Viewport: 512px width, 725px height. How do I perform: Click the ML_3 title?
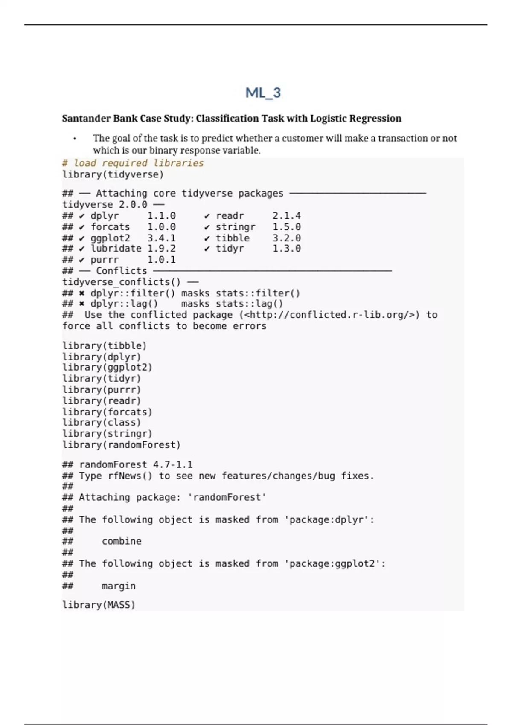pyautogui.click(x=263, y=93)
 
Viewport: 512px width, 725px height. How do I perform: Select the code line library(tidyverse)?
pyautogui.click(x=113, y=174)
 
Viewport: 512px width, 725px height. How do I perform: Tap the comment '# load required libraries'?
pyautogui.click(x=133, y=163)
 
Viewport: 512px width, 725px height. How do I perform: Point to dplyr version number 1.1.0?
pyautogui.click(x=161, y=216)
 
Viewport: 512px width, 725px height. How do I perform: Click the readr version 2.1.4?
pyautogui.click(x=286, y=216)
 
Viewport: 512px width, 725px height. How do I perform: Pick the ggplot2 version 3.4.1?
pyautogui.click(x=161, y=238)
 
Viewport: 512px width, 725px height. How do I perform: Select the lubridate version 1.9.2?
pyautogui.click(x=161, y=249)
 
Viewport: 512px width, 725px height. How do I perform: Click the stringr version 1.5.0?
pyautogui.click(x=286, y=227)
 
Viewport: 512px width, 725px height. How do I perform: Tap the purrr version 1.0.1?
pyautogui.click(x=161, y=260)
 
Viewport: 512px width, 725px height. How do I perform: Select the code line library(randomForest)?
pyautogui.click(x=122, y=445)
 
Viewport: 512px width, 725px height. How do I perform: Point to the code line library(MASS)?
pyautogui.click(x=99, y=605)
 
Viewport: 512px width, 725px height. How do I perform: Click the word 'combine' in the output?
pyautogui.click(x=122, y=541)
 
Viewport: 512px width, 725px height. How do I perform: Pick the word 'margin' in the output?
pyautogui.click(x=119, y=586)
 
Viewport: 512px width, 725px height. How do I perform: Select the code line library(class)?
pyautogui.click(x=102, y=423)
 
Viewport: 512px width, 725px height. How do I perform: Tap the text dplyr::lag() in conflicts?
pyautogui.click(x=124, y=304)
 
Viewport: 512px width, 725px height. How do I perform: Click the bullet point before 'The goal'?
pyautogui.click(x=75, y=139)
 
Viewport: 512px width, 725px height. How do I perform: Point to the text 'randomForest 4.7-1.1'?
pyautogui.click(x=136, y=464)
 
